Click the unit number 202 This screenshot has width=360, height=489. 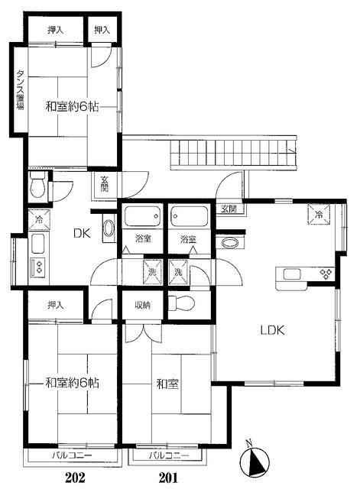[75, 477]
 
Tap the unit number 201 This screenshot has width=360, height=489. [168, 477]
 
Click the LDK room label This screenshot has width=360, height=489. [273, 330]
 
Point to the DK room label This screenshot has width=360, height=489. [82, 233]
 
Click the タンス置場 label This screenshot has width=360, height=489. [21, 89]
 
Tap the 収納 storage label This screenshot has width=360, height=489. [143, 305]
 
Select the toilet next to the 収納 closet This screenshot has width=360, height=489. [182, 303]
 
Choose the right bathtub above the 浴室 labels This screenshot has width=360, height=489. [190, 216]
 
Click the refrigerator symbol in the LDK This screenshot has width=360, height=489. [319, 214]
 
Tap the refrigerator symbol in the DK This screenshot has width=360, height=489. [39, 220]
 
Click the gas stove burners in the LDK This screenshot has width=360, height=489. [326, 274]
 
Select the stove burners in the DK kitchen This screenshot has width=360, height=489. [38, 267]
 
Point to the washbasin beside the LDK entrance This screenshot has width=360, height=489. [231, 242]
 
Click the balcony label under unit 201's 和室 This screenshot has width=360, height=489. [168, 455]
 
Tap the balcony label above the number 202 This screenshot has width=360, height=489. [72, 455]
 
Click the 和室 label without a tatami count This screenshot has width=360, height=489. [167, 384]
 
